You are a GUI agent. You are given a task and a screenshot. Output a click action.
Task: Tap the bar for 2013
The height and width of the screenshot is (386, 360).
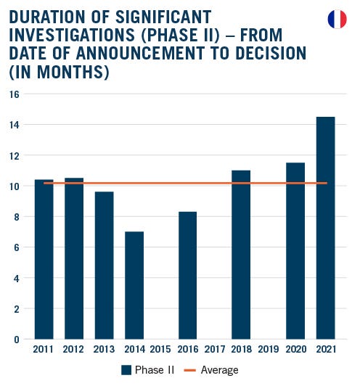[x=104, y=265]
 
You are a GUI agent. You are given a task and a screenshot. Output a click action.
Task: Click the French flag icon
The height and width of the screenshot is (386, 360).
[x=337, y=19]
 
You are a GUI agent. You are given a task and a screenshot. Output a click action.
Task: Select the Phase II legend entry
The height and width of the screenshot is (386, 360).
[x=147, y=370]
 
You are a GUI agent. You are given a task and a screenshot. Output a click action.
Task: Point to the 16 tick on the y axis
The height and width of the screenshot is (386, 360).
[x=15, y=94]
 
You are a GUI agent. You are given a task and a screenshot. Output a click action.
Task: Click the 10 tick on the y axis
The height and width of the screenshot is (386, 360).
[x=15, y=186]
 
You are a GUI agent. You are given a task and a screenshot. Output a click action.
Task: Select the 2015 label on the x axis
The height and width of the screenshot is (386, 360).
[x=161, y=350]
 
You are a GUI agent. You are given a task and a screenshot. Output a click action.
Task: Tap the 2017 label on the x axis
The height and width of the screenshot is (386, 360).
[x=214, y=350]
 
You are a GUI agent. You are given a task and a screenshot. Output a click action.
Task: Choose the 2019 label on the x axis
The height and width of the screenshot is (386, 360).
[x=268, y=350]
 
